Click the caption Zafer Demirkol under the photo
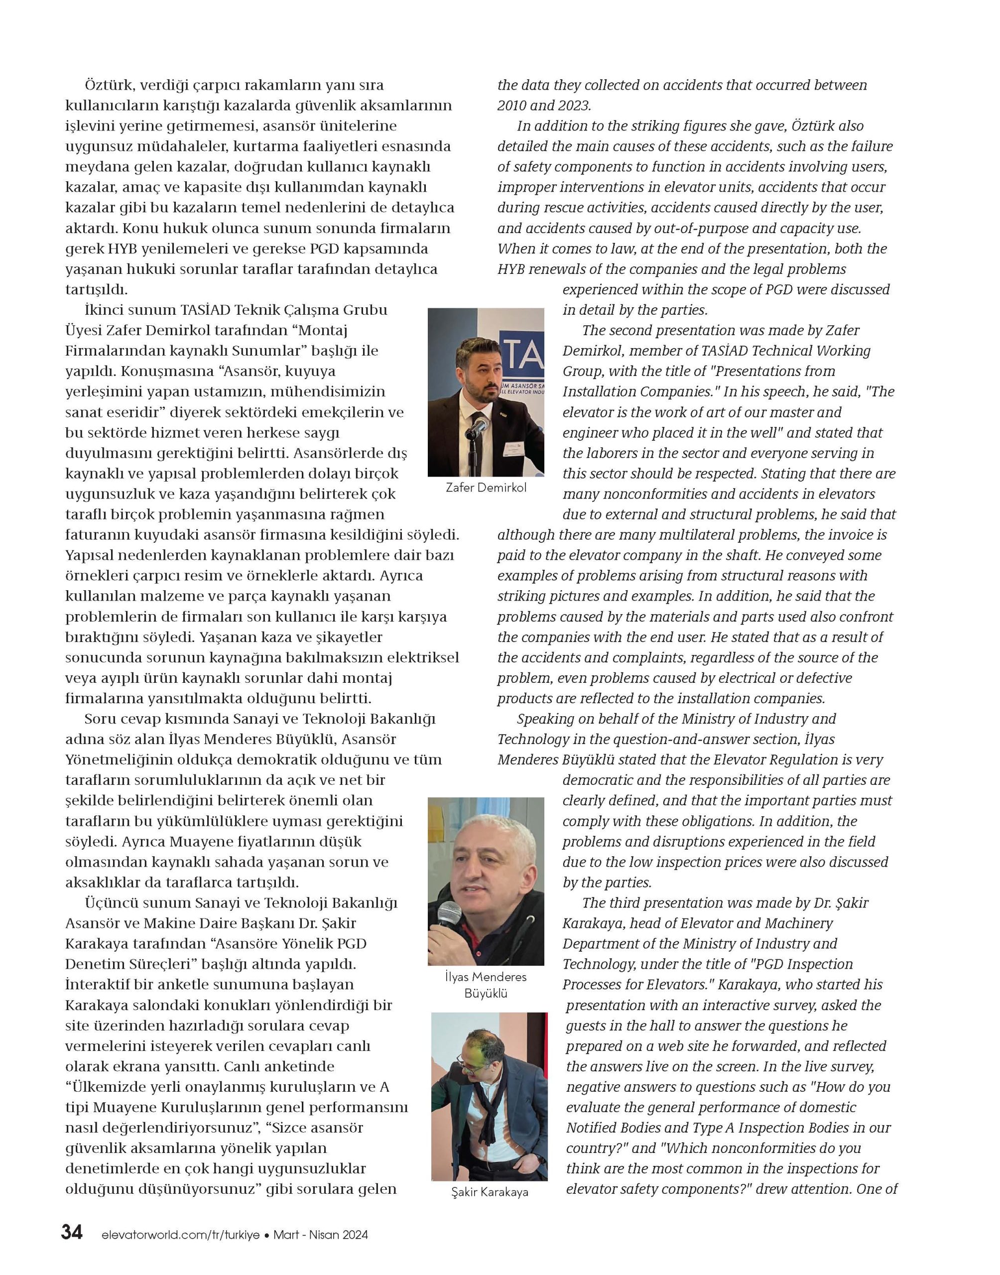tap(486, 487)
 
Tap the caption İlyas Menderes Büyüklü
tap(486, 985)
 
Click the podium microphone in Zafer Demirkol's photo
tap(477, 428)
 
